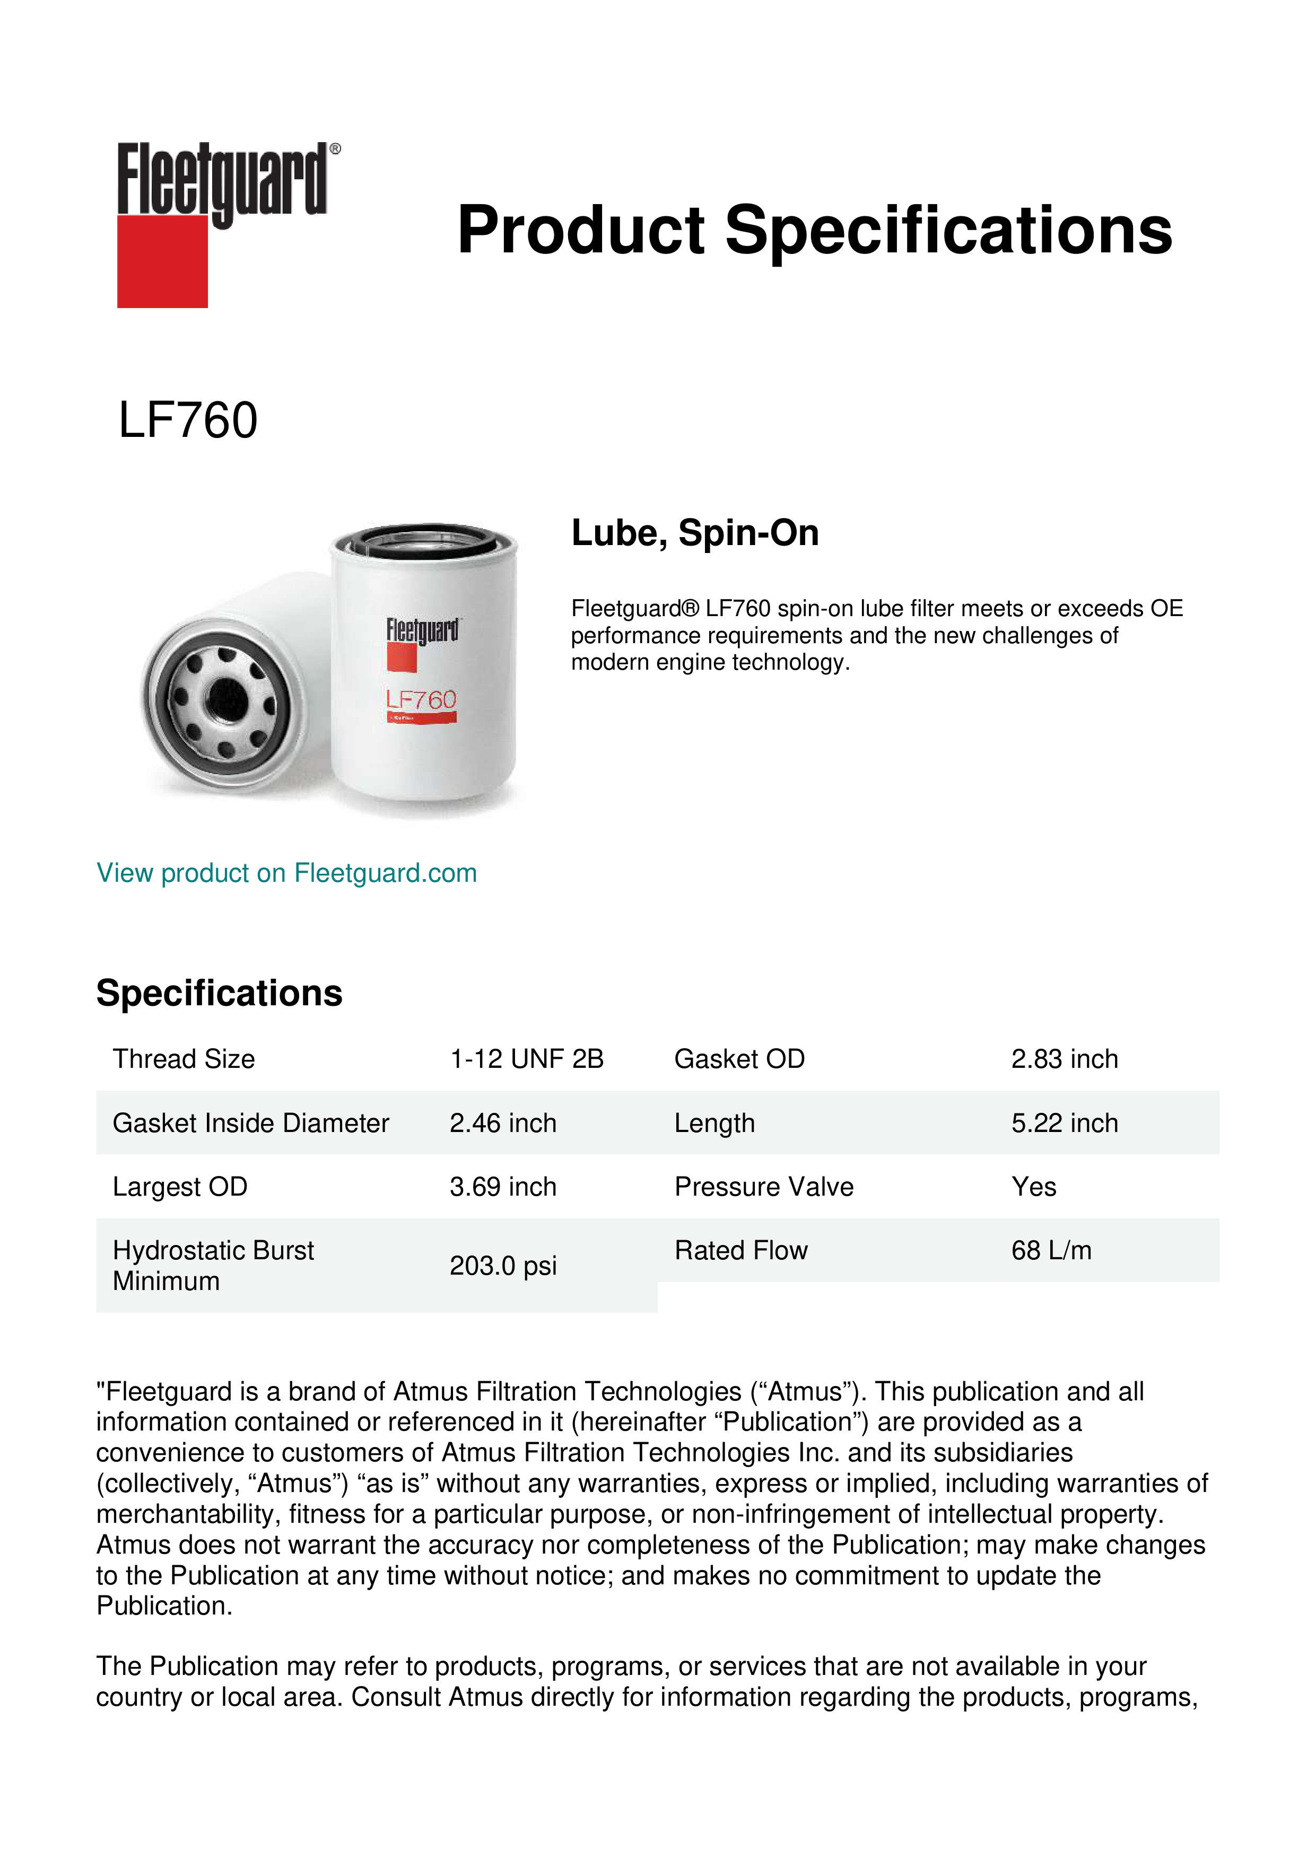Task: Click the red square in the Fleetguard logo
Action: (x=162, y=261)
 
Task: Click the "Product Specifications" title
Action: (x=814, y=230)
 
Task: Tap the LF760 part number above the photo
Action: (x=188, y=420)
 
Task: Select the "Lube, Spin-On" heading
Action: (x=694, y=533)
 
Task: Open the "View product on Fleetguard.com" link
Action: (x=286, y=873)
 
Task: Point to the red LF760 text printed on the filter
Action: (x=421, y=700)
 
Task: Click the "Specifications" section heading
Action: (x=219, y=993)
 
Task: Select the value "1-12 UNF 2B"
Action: (x=527, y=1059)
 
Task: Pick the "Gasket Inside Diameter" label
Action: (x=250, y=1123)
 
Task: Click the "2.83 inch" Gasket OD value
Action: (x=1064, y=1059)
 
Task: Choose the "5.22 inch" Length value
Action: (x=1064, y=1123)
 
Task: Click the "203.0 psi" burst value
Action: (x=502, y=1266)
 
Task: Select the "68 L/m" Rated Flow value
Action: (x=1051, y=1251)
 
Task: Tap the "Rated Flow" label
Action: (x=740, y=1251)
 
